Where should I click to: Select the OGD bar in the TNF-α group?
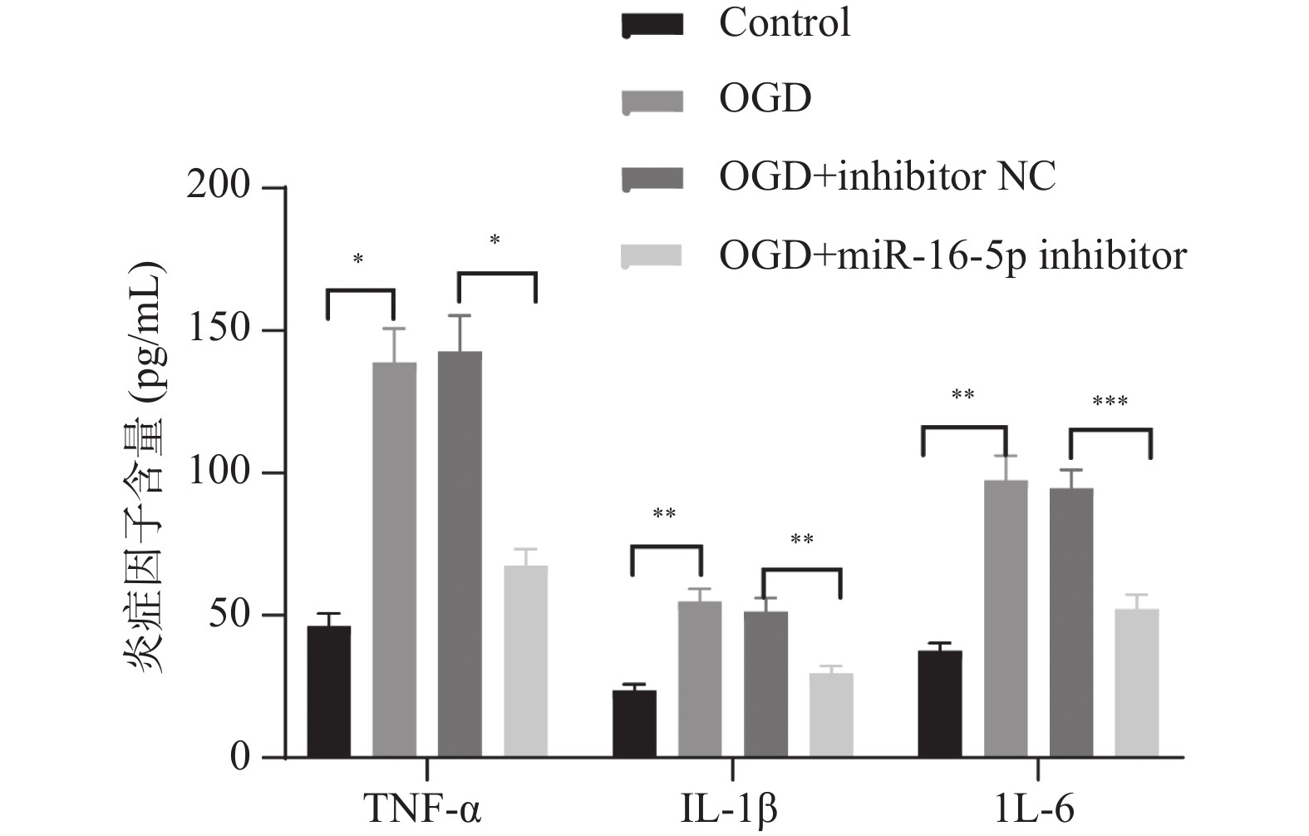tap(394, 560)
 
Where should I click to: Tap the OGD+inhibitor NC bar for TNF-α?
tap(460, 555)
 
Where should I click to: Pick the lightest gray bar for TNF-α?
tap(525, 661)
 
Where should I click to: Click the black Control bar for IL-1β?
tap(634, 724)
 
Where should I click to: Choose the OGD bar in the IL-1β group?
tap(700, 679)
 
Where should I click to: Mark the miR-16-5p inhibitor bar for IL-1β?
tap(831, 715)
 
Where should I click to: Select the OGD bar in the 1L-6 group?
tap(1006, 619)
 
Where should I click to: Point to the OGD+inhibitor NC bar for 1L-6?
tap(1071, 623)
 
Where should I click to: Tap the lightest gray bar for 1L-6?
tap(1137, 683)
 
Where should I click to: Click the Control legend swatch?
tap(652, 25)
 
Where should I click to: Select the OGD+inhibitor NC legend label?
tap(888, 176)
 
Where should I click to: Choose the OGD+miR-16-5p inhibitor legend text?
tap(952, 255)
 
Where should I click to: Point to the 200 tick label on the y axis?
tap(219, 186)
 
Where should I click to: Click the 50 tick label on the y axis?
tap(229, 615)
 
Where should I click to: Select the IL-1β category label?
tap(730, 808)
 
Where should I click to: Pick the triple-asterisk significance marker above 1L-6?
tap(1110, 403)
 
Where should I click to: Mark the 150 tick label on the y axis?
tap(219, 329)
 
